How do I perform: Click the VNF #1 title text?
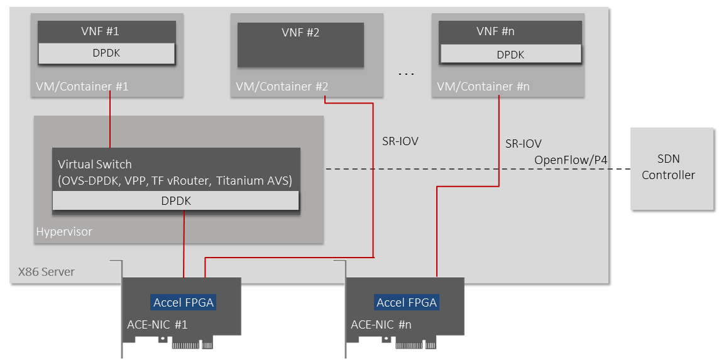(106, 31)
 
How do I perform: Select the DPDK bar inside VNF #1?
(106, 53)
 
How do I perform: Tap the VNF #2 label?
(300, 33)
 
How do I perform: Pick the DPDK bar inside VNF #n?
(510, 54)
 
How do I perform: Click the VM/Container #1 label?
(82, 87)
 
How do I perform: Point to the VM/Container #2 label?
(282, 87)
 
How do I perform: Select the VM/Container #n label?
(483, 87)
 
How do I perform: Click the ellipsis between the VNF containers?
(406, 74)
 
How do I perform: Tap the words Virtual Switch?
(95, 164)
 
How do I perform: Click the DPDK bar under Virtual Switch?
(176, 201)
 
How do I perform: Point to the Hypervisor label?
(64, 231)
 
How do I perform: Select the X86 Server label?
(47, 271)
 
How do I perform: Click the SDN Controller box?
(672, 168)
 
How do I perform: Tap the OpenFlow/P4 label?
(571, 160)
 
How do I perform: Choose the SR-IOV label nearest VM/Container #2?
(400, 141)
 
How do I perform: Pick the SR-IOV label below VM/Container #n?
(523, 143)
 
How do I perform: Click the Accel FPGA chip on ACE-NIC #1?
(184, 303)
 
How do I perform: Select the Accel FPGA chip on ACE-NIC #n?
(407, 303)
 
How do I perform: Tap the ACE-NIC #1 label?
(157, 324)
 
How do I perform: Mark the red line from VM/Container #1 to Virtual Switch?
(110, 119)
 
